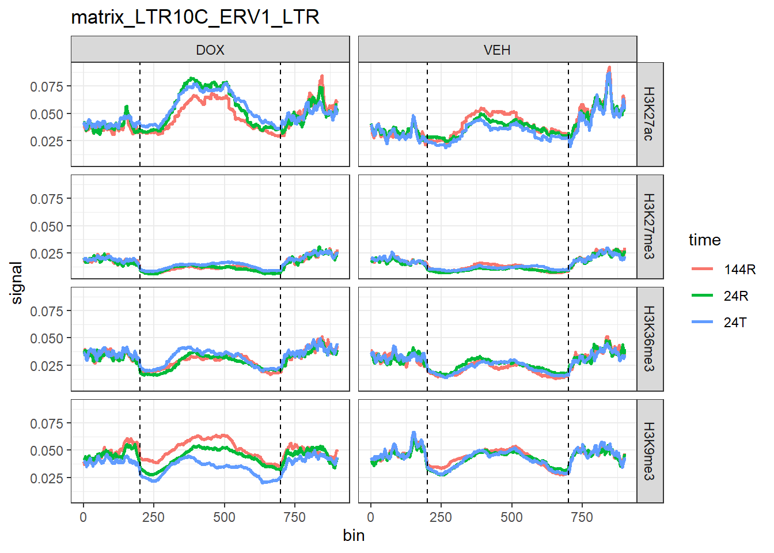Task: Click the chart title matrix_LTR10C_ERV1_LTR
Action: [x=195, y=17]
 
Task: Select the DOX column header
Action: [x=210, y=50]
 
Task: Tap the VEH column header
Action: [x=497, y=50]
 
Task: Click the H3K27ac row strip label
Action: [x=649, y=114]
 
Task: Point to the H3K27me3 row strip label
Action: [x=649, y=226]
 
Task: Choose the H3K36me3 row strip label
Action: [x=649, y=339]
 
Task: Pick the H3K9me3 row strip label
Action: [x=649, y=451]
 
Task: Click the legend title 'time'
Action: [x=704, y=240]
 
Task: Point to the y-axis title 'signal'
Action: [x=17, y=282]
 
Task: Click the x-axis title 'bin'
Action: [x=354, y=536]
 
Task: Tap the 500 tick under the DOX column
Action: [x=224, y=517]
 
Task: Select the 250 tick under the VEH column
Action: [x=441, y=517]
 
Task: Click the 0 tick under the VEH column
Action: [x=370, y=517]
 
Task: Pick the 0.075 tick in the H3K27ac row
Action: [x=47, y=86]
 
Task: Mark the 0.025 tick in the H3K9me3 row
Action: [x=47, y=478]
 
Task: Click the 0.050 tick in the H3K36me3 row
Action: [x=47, y=338]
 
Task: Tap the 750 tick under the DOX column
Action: [x=294, y=517]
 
